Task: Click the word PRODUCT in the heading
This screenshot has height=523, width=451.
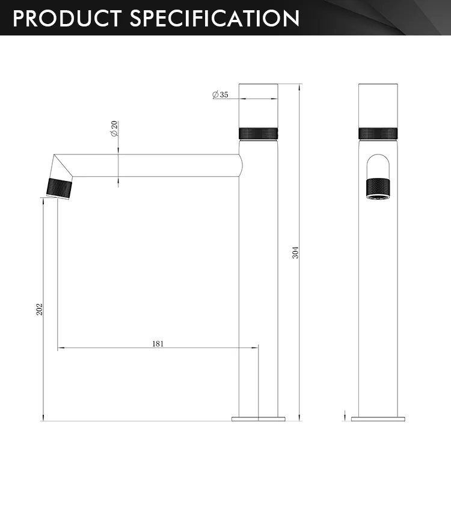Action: (66, 18)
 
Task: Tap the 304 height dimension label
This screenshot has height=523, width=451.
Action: (295, 252)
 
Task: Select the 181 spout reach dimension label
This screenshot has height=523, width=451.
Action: (158, 344)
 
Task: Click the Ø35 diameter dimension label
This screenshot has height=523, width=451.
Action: (220, 94)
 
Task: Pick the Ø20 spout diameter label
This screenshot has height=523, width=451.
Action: (114, 128)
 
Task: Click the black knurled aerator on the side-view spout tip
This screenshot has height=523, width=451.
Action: (60, 188)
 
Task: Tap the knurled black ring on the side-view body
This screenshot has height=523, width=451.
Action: (259, 133)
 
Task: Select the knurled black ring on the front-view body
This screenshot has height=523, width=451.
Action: (378, 133)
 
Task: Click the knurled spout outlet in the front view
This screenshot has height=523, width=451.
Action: (378, 188)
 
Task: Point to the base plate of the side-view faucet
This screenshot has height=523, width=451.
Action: (259, 418)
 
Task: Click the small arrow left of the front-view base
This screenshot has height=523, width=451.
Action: (345, 415)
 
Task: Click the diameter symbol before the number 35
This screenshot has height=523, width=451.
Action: (215, 94)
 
